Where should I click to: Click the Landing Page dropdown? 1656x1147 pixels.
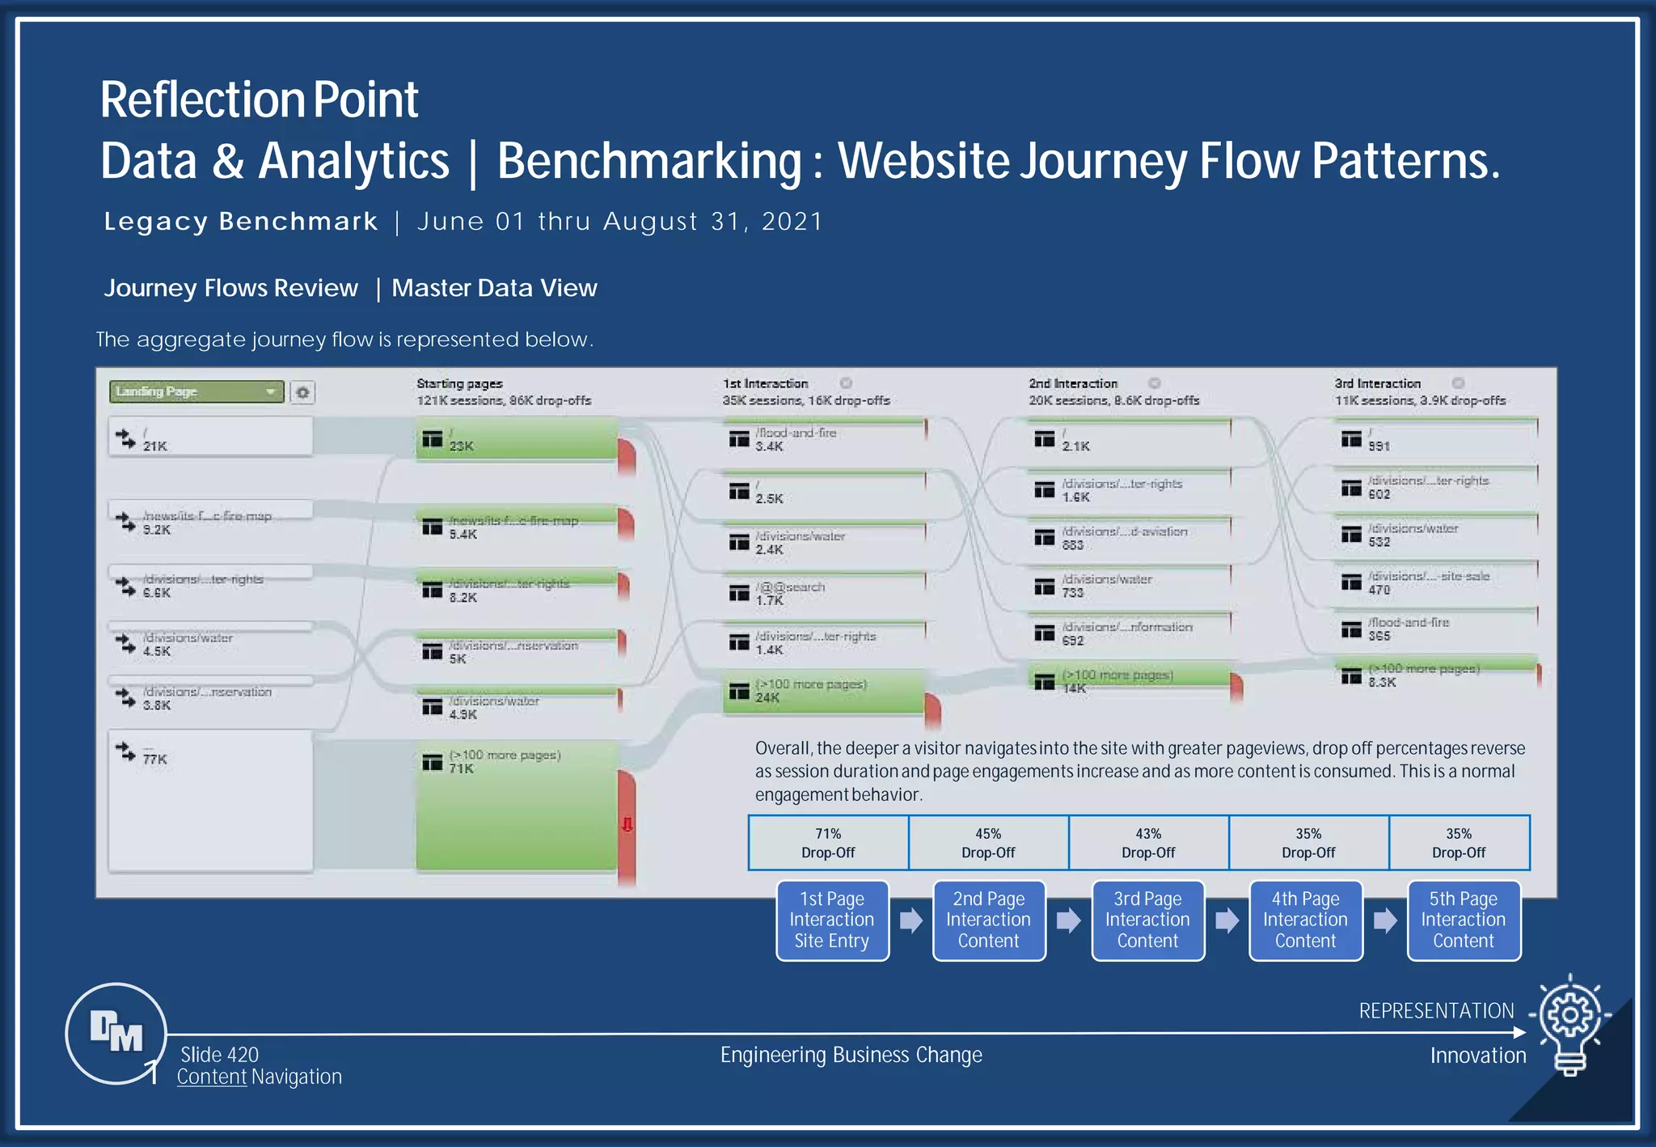(x=196, y=392)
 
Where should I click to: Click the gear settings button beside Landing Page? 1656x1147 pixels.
(x=302, y=392)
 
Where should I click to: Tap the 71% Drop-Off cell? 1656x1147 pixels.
(x=828, y=843)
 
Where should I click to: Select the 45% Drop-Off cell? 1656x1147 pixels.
(x=988, y=843)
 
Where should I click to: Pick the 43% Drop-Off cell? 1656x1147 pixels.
(x=1148, y=843)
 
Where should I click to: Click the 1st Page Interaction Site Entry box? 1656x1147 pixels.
(x=832, y=921)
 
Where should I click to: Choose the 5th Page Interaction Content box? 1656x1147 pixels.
(x=1464, y=921)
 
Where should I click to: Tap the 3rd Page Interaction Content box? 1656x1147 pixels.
(x=1147, y=921)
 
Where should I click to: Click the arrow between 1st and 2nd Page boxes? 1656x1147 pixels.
(x=911, y=921)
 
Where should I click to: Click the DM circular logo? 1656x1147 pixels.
(x=116, y=1033)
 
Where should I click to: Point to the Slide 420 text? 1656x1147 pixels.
(x=219, y=1055)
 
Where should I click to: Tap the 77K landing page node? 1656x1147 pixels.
(x=210, y=801)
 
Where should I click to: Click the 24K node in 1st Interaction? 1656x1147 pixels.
(x=823, y=692)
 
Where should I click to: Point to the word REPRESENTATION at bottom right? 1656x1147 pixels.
(x=1436, y=1011)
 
